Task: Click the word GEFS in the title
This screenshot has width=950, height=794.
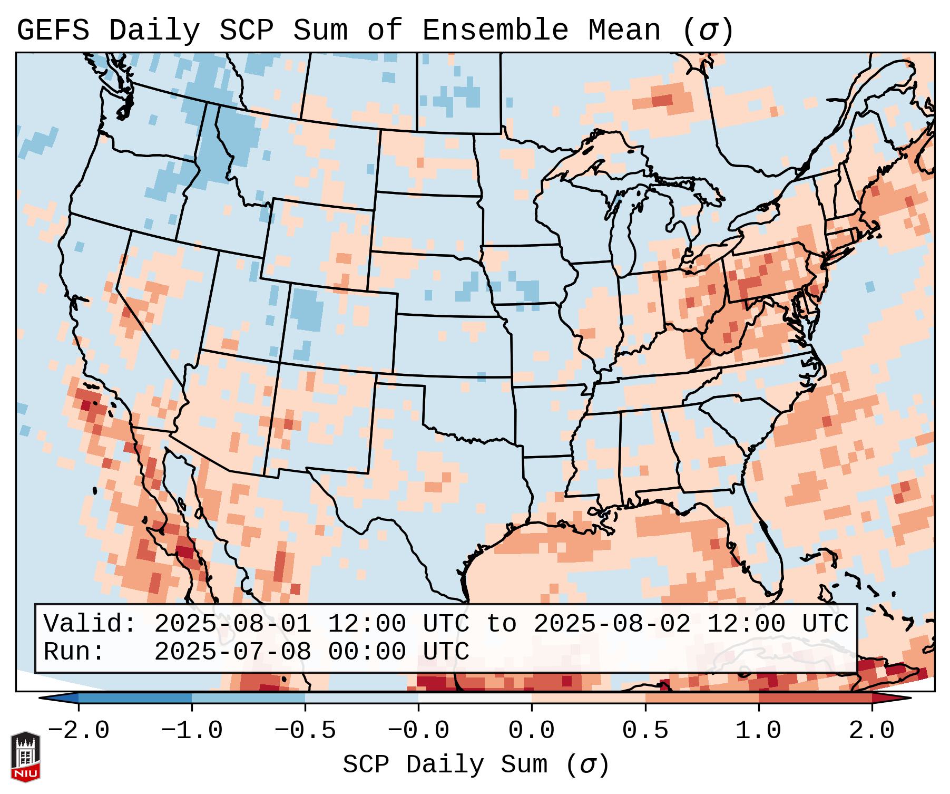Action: coord(53,30)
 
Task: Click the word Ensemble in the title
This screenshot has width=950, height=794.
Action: coord(495,30)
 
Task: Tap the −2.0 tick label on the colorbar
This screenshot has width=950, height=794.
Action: coord(79,731)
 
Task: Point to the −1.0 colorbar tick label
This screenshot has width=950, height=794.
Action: coord(192,731)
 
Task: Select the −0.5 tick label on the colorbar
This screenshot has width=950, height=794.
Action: coord(305,731)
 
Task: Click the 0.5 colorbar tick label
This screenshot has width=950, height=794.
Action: coord(645,731)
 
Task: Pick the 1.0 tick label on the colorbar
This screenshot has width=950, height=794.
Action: coord(759,731)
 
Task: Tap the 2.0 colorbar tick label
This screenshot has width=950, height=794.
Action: coord(872,731)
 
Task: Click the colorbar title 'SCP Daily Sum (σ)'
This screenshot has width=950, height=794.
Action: coord(476,765)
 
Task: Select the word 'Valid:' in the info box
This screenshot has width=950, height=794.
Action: coord(90,624)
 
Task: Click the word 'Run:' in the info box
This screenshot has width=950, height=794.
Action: coord(74,652)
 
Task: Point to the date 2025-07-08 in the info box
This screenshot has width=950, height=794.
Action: coord(232,652)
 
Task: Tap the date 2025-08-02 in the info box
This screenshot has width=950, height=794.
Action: coord(612,624)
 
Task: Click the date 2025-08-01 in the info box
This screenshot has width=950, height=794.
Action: coord(232,624)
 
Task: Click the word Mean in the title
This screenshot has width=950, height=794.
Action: coord(624,30)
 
